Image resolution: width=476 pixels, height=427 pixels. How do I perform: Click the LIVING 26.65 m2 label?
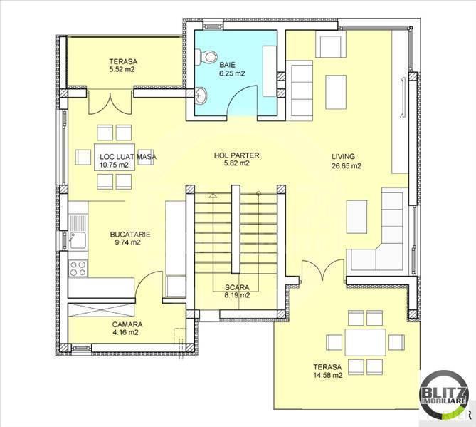[346, 161]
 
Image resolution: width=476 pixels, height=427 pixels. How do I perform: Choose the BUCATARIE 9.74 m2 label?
[125, 237]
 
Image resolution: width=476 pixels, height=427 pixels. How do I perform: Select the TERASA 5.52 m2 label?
[123, 66]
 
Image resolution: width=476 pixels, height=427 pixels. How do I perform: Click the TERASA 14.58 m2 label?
[327, 371]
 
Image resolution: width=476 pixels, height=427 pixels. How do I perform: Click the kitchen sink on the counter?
[78, 240]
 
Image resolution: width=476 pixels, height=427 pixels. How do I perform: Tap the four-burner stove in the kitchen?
[78, 269]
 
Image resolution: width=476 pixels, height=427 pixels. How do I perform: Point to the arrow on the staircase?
[212, 195]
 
